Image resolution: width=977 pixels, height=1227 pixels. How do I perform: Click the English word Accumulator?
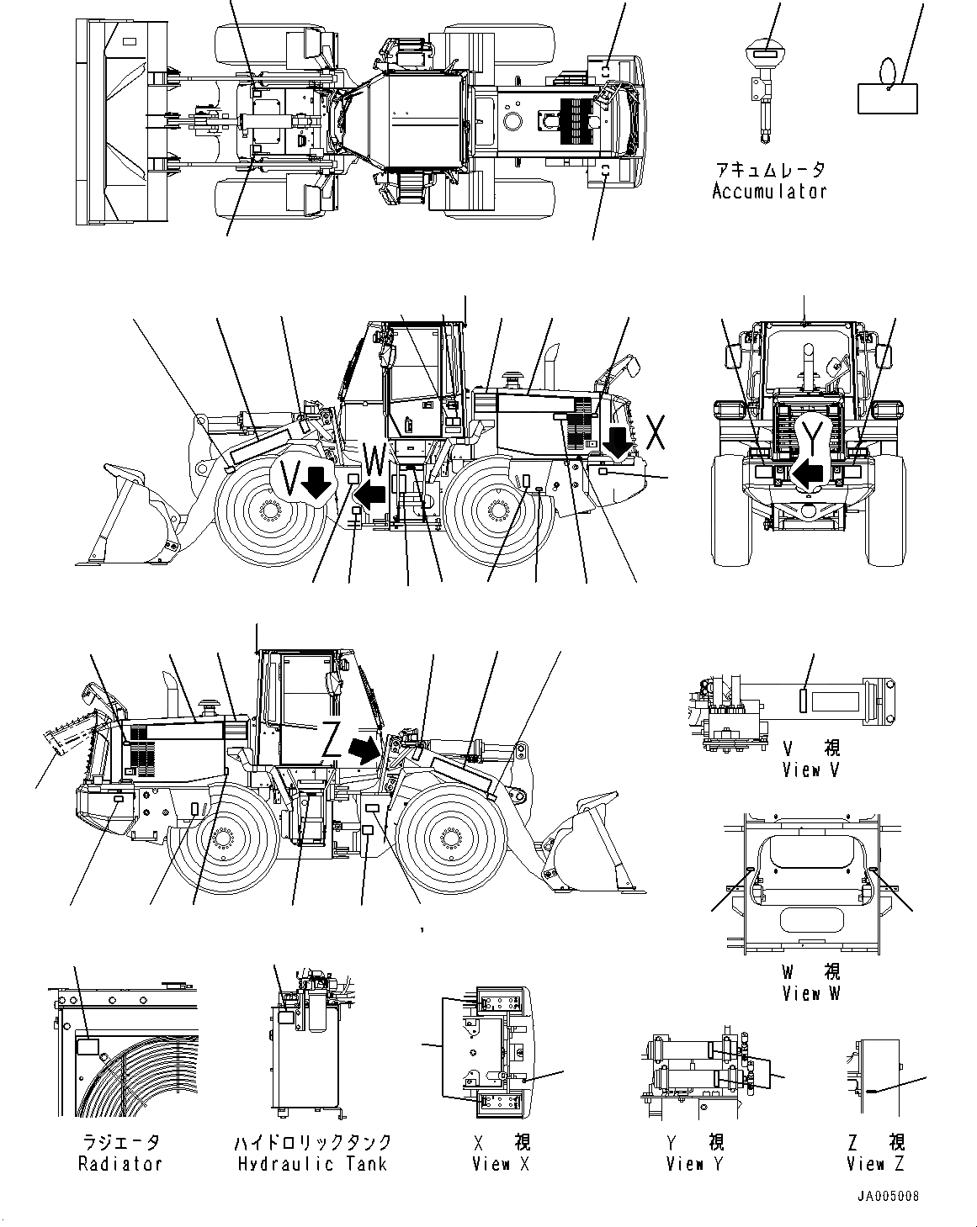tap(768, 192)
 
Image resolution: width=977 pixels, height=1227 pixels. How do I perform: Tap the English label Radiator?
tap(119, 1164)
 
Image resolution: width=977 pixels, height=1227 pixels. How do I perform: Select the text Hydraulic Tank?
tap(312, 1164)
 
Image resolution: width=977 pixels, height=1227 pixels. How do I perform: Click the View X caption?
tap(502, 1164)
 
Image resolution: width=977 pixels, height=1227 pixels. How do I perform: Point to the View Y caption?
tap(695, 1164)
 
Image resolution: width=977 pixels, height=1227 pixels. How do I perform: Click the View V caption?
tap(810, 770)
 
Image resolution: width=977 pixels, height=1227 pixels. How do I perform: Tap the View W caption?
tap(811, 993)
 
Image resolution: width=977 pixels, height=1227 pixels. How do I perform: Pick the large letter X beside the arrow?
tap(657, 432)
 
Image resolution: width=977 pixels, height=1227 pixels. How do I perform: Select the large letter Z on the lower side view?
tap(333, 741)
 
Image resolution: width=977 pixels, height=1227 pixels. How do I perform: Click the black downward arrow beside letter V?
tap(316, 484)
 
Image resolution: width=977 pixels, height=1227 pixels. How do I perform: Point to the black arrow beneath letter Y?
tap(809, 474)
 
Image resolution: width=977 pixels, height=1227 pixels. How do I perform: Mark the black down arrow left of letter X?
tap(619, 443)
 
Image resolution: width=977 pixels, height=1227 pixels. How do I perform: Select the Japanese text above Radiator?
tap(119, 1142)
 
